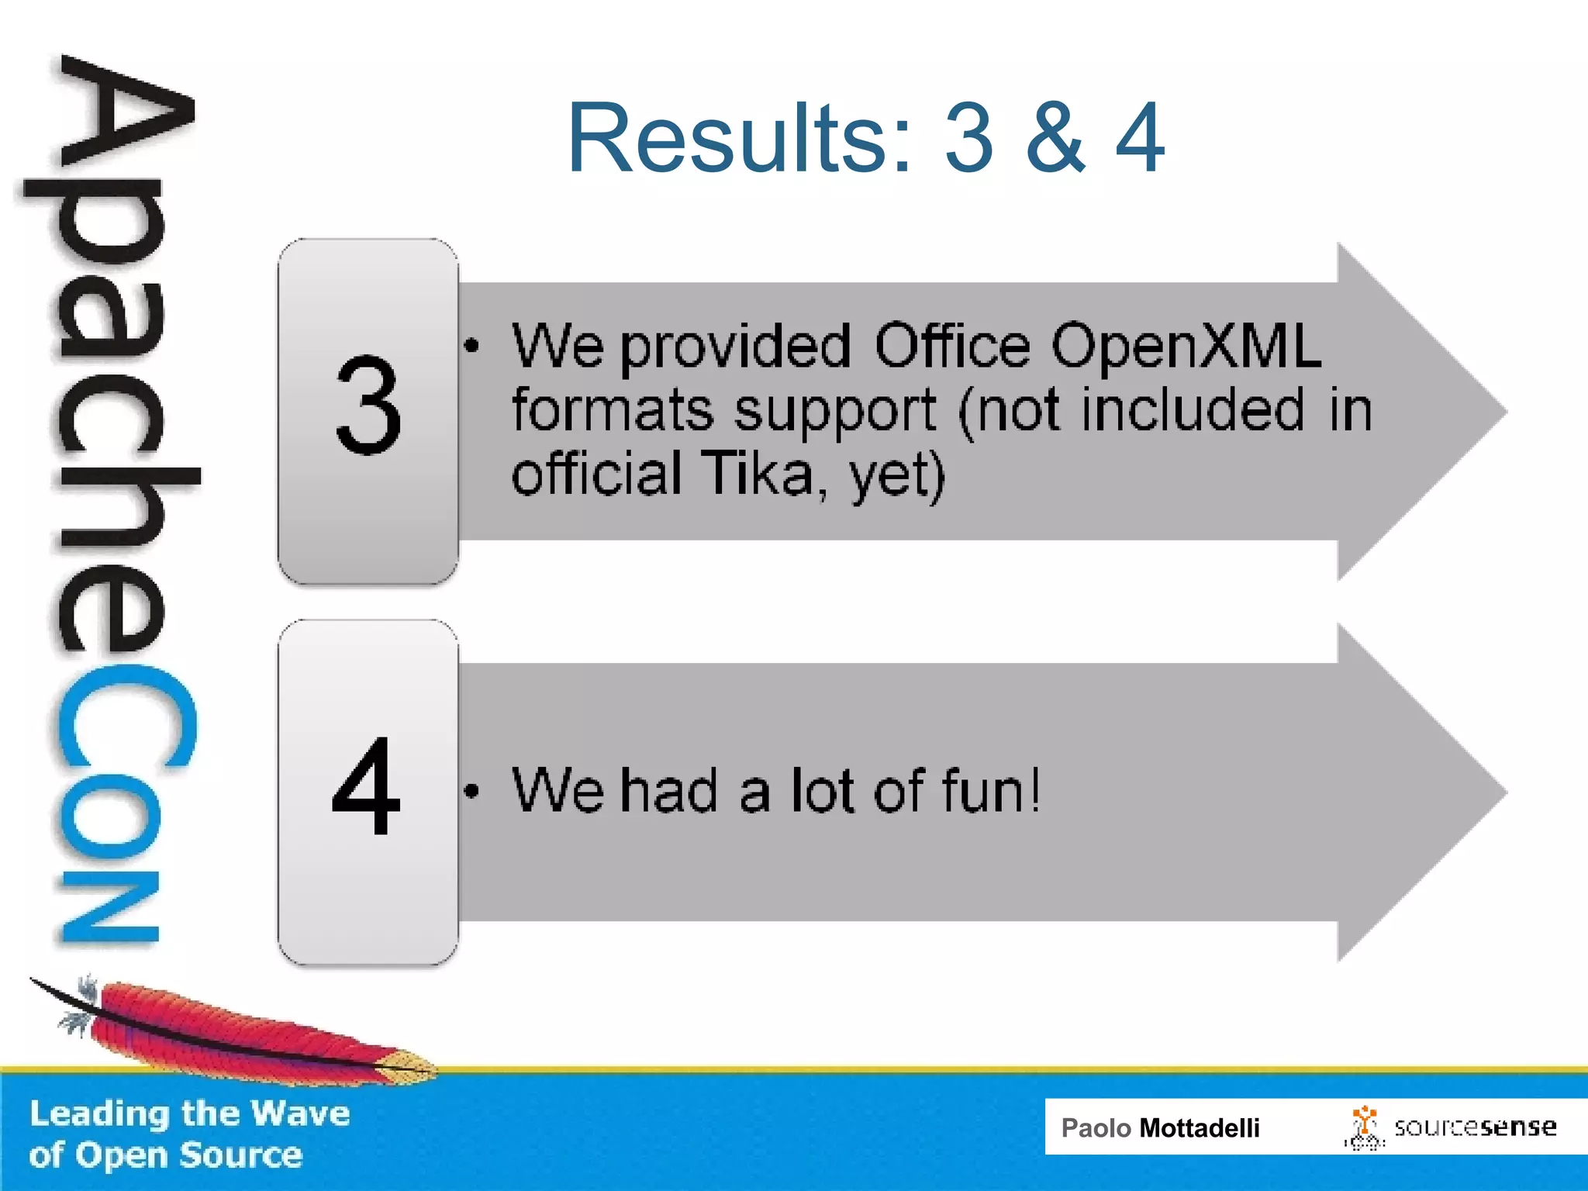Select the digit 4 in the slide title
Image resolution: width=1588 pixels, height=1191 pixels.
[x=1140, y=138]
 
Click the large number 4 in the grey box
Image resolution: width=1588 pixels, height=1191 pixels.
[x=366, y=786]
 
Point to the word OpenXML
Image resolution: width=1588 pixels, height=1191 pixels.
[x=1186, y=346]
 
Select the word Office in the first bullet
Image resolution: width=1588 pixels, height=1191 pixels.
[x=952, y=346]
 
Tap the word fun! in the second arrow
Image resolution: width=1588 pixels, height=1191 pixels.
[x=991, y=791]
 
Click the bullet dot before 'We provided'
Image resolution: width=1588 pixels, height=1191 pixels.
[x=471, y=346]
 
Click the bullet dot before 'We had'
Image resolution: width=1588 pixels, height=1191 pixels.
[x=471, y=792]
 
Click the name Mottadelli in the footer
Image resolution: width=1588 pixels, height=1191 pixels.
[x=1199, y=1128]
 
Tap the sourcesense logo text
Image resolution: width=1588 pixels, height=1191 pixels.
[x=1475, y=1127]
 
